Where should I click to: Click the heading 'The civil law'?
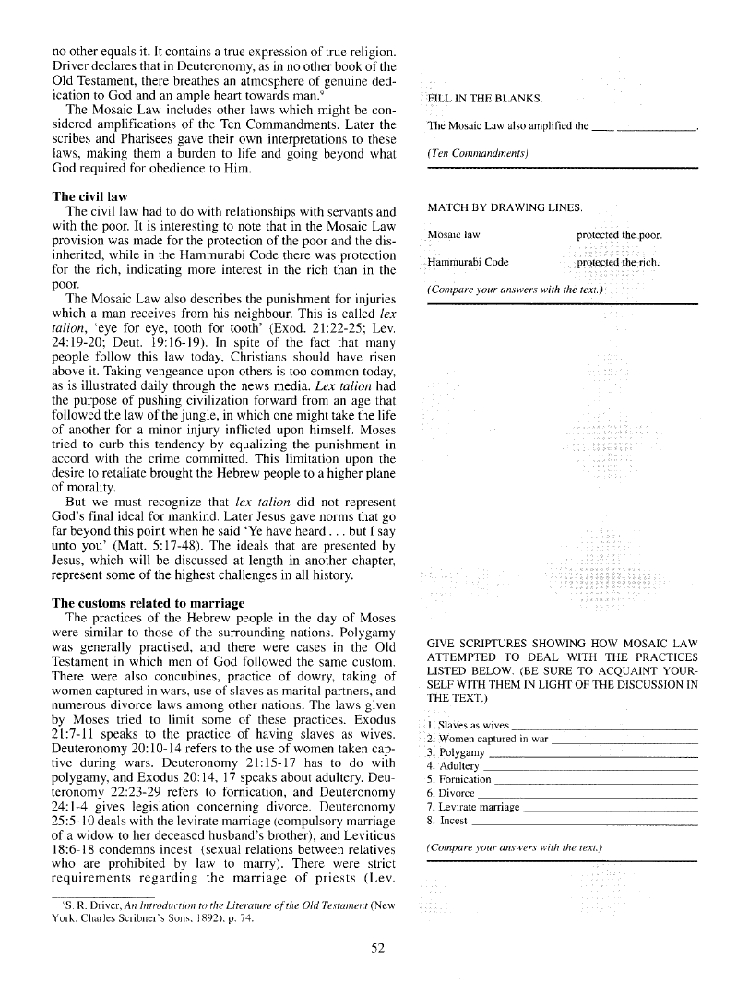point(89,196)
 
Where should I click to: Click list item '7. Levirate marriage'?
point(474,807)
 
